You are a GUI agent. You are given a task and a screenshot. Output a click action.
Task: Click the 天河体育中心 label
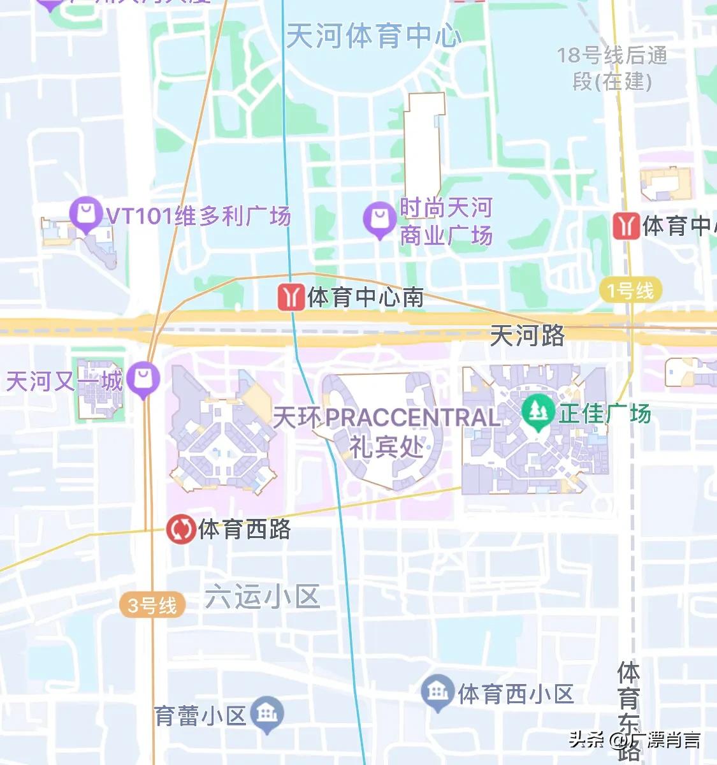tap(373, 36)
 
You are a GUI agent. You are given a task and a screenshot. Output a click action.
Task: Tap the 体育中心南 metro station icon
tap(290, 297)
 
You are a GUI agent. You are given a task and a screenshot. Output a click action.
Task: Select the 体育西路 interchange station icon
tap(181, 529)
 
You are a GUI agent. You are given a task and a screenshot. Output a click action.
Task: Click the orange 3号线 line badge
tap(152, 604)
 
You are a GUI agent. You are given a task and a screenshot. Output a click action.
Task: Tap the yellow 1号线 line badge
tap(631, 291)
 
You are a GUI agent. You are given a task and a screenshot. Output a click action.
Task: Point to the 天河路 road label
tap(527, 335)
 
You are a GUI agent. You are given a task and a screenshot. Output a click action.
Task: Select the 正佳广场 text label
tap(604, 414)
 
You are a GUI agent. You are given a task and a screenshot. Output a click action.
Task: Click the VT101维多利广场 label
tap(198, 216)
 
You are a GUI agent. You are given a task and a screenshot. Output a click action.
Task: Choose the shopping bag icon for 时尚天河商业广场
tap(380, 219)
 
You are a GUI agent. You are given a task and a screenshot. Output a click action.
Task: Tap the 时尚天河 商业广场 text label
tap(446, 221)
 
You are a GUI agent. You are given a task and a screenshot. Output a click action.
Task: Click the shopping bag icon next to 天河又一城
tap(143, 379)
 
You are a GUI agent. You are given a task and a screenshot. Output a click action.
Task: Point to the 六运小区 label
tap(262, 597)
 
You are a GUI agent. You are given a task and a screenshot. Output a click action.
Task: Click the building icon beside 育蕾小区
tap(266, 714)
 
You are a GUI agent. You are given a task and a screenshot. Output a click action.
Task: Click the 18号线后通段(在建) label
tap(612, 68)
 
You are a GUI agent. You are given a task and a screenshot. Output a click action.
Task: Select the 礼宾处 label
tap(387, 446)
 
